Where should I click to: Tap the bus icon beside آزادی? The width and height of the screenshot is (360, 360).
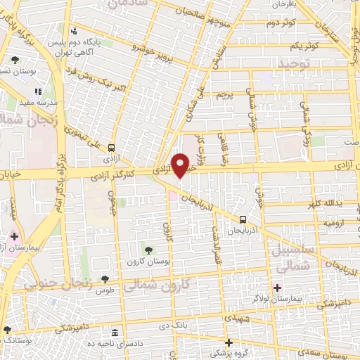(x=112, y=148)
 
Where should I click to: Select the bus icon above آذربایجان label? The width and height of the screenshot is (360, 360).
(x=243, y=219)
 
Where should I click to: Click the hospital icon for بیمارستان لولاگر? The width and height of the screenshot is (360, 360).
(x=277, y=287)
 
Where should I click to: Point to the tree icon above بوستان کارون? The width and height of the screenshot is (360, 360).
(x=148, y=250)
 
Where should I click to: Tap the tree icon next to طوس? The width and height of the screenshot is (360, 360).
(x=105, y=280)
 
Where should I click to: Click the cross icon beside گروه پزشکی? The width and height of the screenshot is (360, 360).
(x=229, y=342)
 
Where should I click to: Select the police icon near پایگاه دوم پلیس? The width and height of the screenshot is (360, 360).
(x=74, y=30)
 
